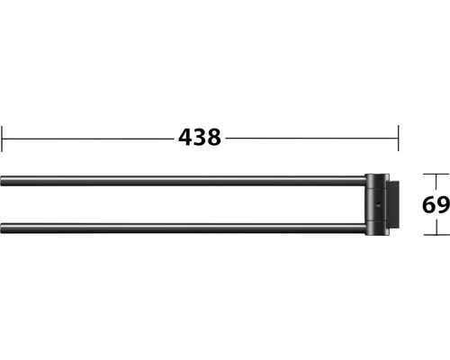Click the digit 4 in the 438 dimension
[x=185, y=138]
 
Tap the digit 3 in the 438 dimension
[x=200, y=138]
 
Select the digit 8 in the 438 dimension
[x=213, y=138]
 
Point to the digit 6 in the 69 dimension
[x=429, y=205]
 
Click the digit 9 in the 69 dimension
[x=443, y=205]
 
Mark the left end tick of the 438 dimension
[x=2, y=139]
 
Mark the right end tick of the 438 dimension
[x=399, y=139]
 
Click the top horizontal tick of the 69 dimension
[x=436, y=174]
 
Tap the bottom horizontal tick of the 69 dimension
[x=436, y=235]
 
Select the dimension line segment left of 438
[x=88, y=139]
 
